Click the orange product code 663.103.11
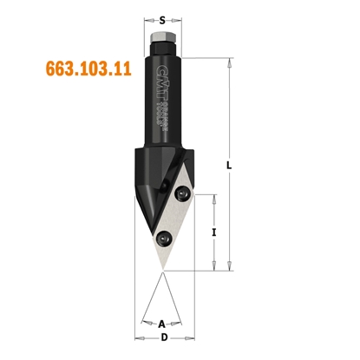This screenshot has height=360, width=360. click(84, 69)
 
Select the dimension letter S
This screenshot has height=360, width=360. click(163, 17)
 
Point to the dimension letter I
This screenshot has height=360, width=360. click(214, 232)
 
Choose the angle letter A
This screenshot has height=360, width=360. click(163, 324)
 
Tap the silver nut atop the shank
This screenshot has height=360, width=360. click(163, 40)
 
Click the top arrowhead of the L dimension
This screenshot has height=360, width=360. click(231, 61)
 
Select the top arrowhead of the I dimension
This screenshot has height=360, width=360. click(214, 197)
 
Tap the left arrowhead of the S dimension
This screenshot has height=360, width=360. click(149, 17)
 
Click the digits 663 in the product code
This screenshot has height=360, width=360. click(56, 69)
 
